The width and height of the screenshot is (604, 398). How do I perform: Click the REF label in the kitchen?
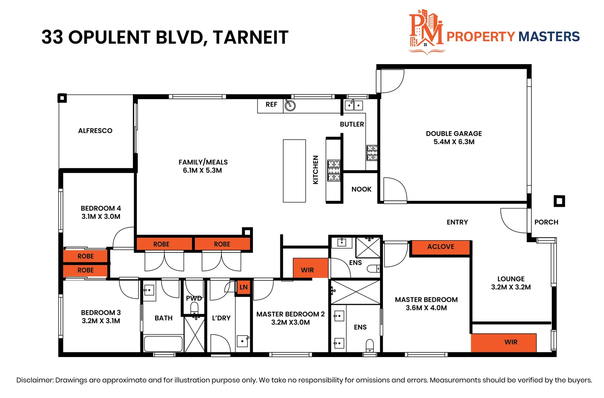(x=271, y=105)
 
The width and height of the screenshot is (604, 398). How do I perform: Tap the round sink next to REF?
(x=290, y=106)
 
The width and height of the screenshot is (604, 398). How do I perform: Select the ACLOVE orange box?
(x=440, y=247)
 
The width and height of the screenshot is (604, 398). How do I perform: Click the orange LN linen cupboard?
(x=243, y=287)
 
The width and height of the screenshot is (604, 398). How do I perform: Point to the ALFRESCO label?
(x=95, y=131)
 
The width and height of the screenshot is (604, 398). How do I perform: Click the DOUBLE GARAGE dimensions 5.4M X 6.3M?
(x=454, y=142)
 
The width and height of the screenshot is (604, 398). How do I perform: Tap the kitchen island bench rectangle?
(x=294, y=171)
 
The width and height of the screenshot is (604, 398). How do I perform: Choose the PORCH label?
(x=546, y=222)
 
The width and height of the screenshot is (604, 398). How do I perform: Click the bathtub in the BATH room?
(x=163, y=343)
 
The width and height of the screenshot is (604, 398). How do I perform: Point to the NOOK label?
(x=361, y=189)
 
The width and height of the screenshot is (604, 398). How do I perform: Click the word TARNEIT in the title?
(x=250, y=37)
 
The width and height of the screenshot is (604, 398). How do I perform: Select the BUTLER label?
(x=352, y=125)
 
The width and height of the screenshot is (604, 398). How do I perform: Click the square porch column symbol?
(x=559, y=201)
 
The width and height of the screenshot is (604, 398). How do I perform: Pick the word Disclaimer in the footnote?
(x=35, y=380)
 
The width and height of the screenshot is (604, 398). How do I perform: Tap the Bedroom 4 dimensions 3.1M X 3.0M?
(x=101, y=217)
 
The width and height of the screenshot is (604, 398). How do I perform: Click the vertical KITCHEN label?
(x=316, y=170)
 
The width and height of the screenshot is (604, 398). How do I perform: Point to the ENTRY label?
(x=457, y=222)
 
